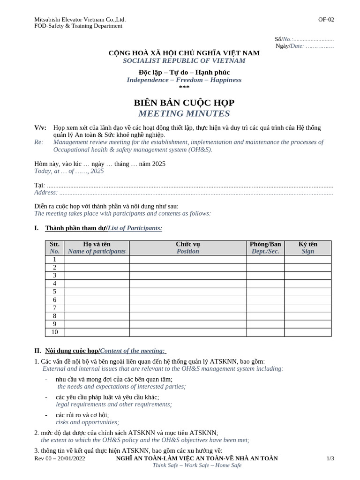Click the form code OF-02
[x=326, y=19]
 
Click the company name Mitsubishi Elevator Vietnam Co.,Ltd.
[x=80, y=19]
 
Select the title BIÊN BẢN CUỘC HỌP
[x=184, y=103]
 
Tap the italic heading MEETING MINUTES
[x=184, y=113]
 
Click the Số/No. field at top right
[x=304, y=39]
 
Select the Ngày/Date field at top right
[x=305, y=46]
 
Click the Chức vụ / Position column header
[x=187, y=247]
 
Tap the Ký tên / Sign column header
[x=307, y=247]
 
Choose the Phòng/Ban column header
[x=265, y=247]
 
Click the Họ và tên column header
[x=97, y=247]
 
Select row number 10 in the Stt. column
[x=54, y=332]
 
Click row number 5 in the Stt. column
[x=54, y=292]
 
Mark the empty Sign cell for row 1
[x=307, y=260]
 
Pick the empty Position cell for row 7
[x=187, y=308]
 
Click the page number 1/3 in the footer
[x=330, y=458]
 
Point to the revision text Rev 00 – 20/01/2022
[x=60, y=458]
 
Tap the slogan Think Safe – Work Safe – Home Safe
[x=197, y=465]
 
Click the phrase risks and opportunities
[x=87, y=422]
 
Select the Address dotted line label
[x=45, y=192]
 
